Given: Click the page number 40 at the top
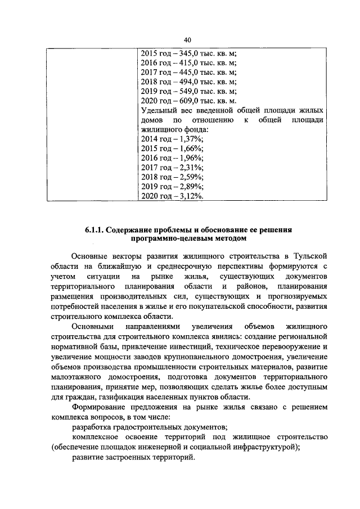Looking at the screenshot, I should coord(187,39).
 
